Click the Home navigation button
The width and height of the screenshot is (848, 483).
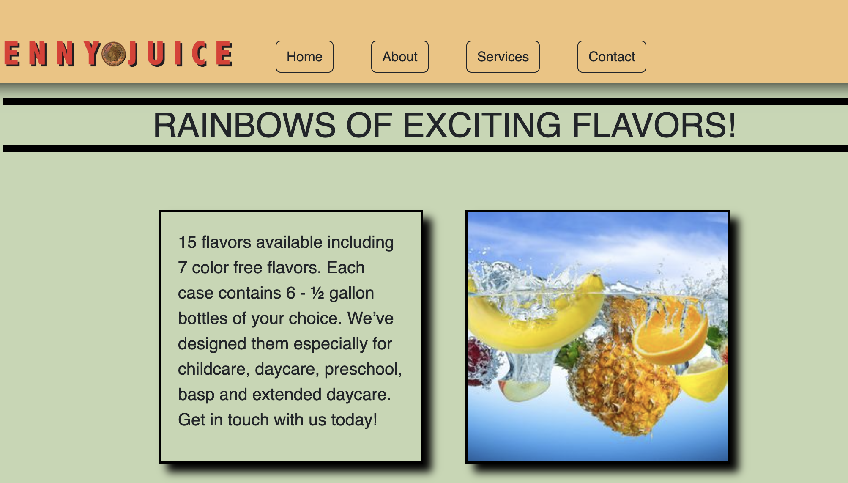(304, 57)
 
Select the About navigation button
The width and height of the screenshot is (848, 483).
(400, 57)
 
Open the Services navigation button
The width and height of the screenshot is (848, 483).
(503, 57)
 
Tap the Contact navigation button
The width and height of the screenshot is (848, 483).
(612, 57)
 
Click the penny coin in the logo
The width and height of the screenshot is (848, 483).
(114, 54)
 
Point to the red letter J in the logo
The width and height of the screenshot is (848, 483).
(133, 54)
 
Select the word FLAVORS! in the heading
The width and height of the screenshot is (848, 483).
(654, 125)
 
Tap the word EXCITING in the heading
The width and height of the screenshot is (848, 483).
(482, 125)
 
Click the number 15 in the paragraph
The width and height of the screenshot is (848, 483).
(187, 242)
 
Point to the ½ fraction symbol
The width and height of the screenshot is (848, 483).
(317, 293)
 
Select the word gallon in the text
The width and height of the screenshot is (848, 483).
(352, 293)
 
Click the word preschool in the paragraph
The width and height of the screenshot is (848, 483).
(363, 369)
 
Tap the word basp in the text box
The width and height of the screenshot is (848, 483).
(196, 395)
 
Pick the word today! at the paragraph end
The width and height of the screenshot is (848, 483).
(354, 420)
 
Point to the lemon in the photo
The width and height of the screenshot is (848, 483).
(704, 381)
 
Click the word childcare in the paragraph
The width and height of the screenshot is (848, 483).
(214, 369)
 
